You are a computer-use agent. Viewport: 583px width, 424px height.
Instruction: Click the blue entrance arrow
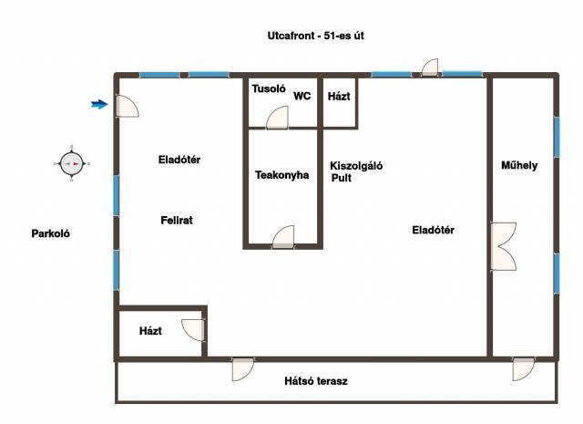[99, 104]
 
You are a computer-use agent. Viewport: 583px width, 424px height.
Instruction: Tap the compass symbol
[72, 164]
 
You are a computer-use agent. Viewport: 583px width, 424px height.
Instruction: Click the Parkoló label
[51, 233]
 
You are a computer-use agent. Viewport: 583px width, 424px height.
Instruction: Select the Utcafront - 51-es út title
[316, 36]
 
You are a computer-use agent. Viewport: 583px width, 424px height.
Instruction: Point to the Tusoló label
[269, 88]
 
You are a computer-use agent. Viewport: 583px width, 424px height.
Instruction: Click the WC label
[302, 96]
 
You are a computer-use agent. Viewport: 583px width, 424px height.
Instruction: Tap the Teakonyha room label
[281, 175]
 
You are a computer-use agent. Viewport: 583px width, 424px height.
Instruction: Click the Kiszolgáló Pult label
[356, 171]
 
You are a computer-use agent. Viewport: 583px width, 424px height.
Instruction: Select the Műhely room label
[519, 165]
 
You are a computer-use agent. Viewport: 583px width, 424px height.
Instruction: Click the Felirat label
[177, 221]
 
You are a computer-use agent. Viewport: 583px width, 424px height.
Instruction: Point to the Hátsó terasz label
[316, 381]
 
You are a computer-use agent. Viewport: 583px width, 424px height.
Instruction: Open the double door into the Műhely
[503, 246]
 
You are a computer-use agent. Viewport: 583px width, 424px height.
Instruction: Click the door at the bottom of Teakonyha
[283, 237]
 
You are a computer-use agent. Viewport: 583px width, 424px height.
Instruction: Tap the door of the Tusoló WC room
[277, 118]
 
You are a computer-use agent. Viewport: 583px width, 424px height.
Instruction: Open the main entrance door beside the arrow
[128, 106]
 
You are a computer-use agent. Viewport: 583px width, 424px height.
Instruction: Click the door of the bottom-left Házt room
[193, 330]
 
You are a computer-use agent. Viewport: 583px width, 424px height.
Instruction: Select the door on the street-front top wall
[430, 67]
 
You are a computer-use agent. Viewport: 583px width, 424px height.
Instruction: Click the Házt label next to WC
[339, 97]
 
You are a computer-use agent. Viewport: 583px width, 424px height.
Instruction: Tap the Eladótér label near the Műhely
[434, 230]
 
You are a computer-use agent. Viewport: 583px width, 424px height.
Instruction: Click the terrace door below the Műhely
[524, 369]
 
